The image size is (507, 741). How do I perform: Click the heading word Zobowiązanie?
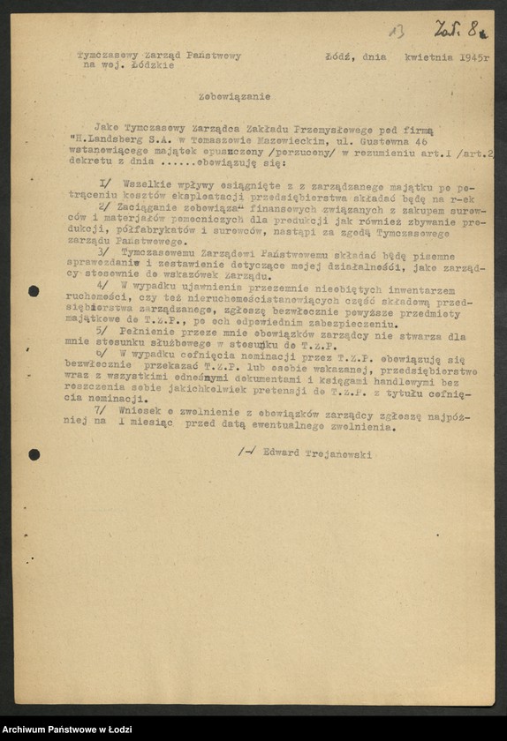[247, 96]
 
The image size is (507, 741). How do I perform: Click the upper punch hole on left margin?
[34, 290]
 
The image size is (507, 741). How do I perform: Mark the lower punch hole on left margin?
[34, 454]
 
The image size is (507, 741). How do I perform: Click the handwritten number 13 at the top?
[397, 32]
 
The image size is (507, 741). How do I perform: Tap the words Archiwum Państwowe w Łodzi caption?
[66, 729]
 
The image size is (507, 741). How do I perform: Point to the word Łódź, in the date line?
[339, 56]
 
